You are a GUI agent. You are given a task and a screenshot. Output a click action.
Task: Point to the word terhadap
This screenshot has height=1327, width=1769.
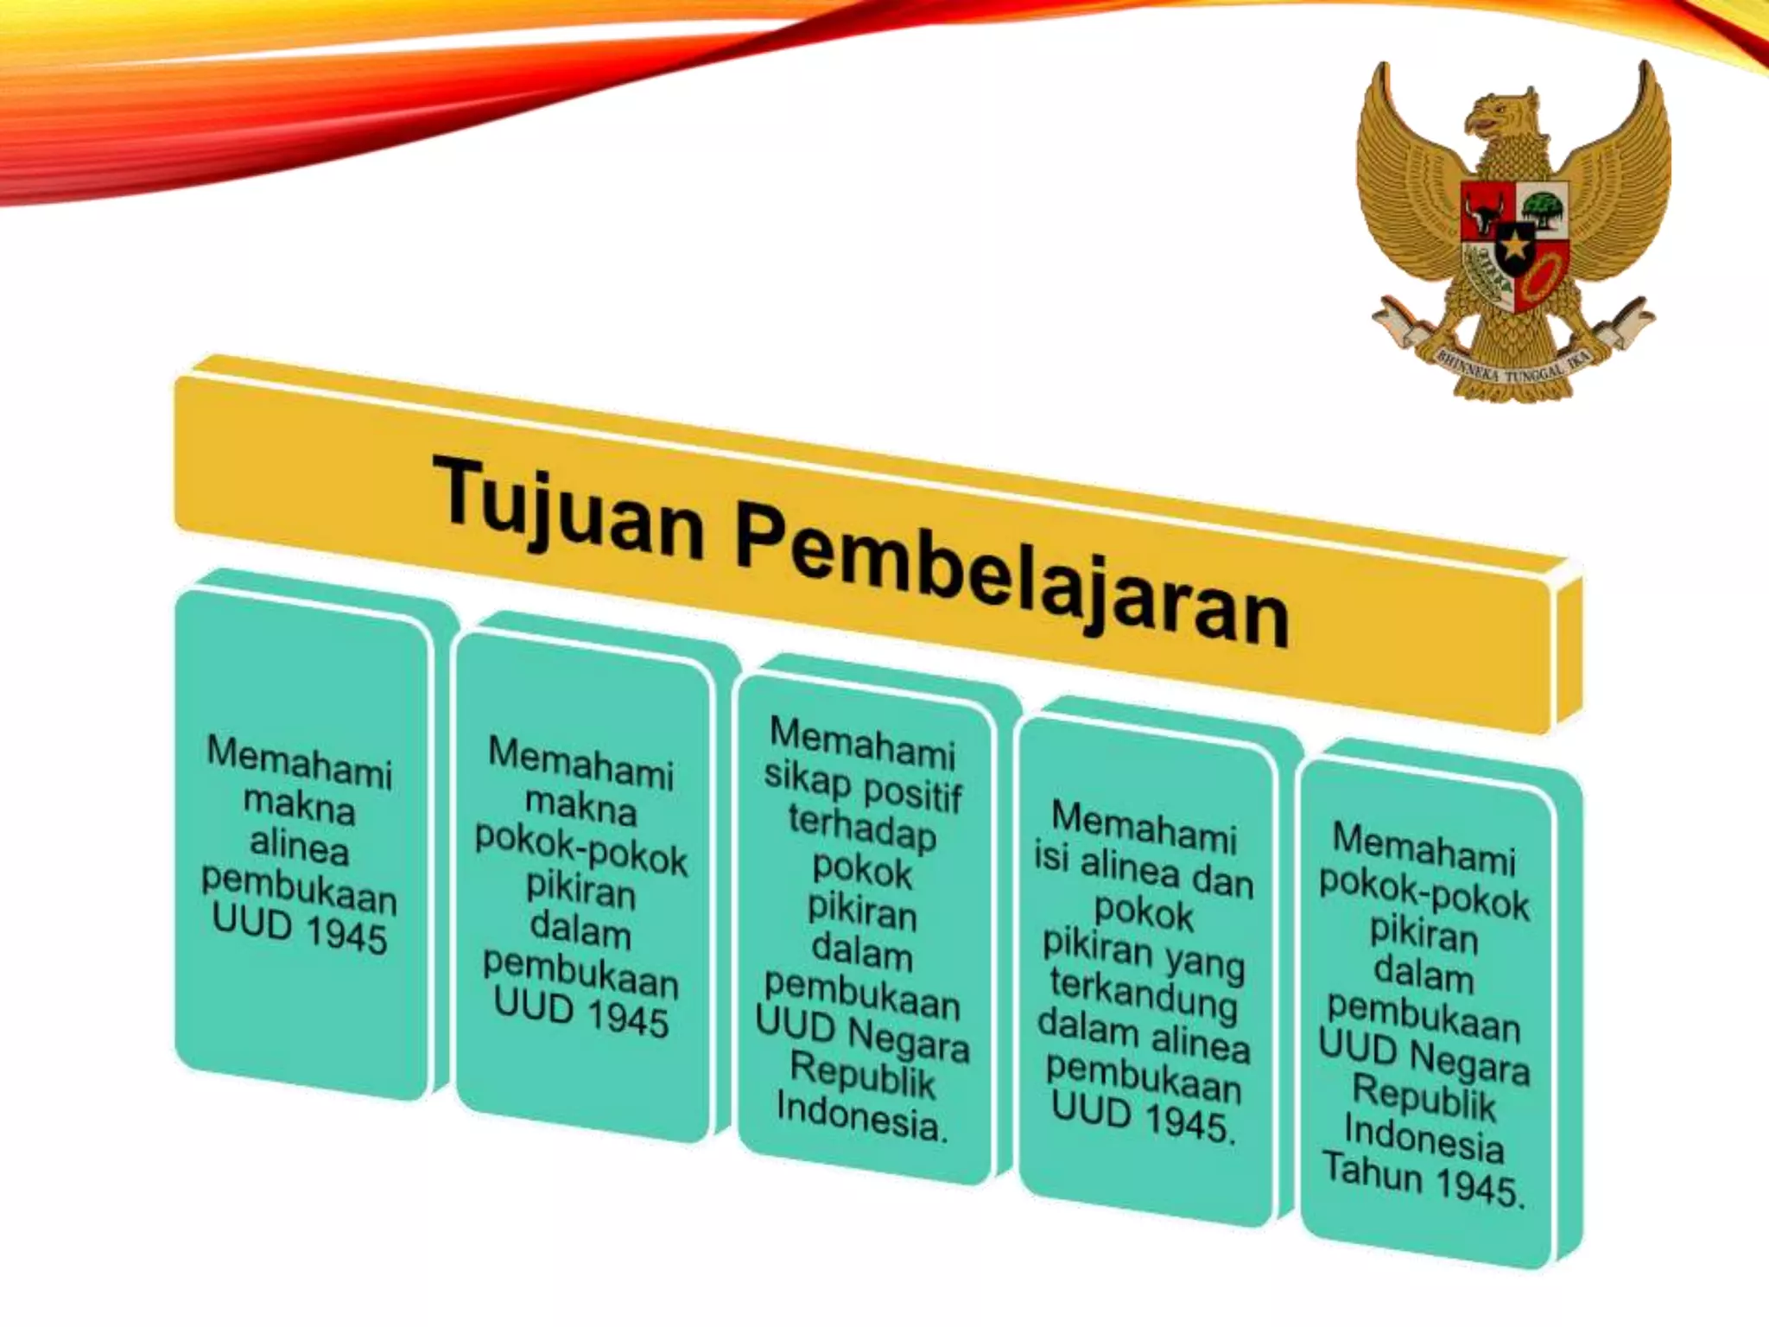pyautogui.click(x=862, y=828)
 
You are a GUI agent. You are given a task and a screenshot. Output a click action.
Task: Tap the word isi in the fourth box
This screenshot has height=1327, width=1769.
pyautogui.click(x=1051, y=858)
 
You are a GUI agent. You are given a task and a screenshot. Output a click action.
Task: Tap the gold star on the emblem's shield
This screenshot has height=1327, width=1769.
pyautogui.click(x=1515, y=249)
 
